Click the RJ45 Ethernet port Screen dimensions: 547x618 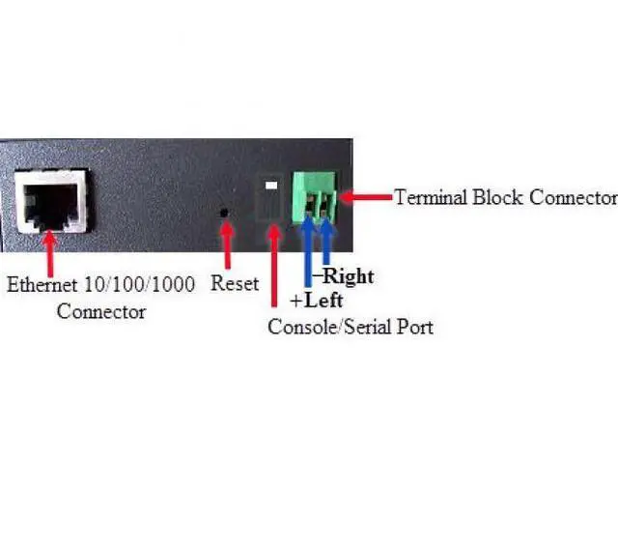52,204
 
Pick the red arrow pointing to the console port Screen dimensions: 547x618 273,267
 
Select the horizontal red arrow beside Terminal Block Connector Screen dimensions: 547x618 369,197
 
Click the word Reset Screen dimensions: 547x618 235,284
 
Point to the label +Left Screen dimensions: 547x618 317,301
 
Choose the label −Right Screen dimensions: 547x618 346,277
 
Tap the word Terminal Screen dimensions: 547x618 431,197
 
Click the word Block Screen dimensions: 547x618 495,197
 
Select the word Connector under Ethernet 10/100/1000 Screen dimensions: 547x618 100,311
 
